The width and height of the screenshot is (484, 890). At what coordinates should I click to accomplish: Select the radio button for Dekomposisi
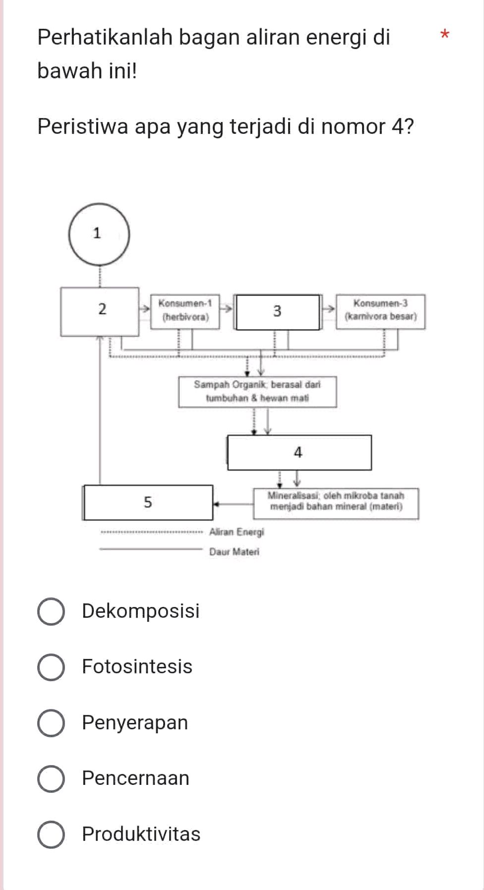pos(51,612)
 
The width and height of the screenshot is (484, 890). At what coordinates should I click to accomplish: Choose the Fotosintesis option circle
pos(51,667)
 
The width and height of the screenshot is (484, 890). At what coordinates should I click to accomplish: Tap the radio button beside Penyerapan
pos(51,723)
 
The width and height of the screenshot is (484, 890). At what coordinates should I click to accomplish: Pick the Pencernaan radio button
pos(51,779)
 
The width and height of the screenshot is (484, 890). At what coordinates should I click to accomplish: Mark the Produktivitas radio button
pos(51,834)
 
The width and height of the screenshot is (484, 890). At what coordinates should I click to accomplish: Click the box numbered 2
pos(100,311)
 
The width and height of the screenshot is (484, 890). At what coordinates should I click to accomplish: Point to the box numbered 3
pos(278,312)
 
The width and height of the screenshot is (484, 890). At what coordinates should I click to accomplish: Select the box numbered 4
pos(299,453)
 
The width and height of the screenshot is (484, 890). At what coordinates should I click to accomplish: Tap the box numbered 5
pos(148,502)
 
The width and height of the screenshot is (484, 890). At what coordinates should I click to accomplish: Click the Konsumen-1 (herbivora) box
pos(185,311)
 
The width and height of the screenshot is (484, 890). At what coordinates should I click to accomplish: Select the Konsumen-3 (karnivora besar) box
pos(380,311)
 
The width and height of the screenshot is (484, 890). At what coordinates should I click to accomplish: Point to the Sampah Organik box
pos(257,392)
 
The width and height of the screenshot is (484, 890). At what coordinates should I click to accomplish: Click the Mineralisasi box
pos(336,502)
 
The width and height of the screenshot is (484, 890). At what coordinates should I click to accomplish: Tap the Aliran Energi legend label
pos(237,533)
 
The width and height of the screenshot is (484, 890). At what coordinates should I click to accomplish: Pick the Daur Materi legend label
pos(234,552)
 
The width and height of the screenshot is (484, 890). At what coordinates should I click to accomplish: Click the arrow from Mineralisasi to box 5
pos(233,504)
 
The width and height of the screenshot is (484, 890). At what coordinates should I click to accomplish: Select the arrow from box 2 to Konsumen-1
pos(144,309)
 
